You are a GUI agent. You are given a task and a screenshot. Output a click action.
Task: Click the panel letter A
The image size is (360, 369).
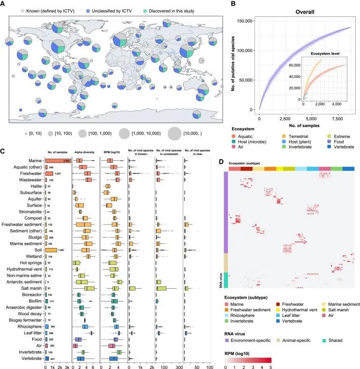tap(4, 4)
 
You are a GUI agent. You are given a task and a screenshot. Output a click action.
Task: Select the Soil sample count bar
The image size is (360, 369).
tap(51, 250)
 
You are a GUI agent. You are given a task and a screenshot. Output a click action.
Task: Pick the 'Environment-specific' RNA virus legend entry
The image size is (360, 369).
tap(251, 339)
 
